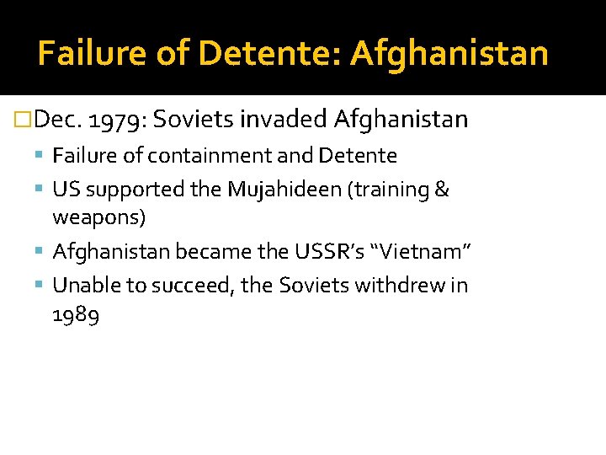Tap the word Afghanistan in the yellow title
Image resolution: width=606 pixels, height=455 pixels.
click(449, 54)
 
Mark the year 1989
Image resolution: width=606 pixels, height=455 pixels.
click(76, 316)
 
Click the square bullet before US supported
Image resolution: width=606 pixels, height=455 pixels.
click(41, 190)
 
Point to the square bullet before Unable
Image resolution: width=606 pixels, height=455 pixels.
click(41, 286)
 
